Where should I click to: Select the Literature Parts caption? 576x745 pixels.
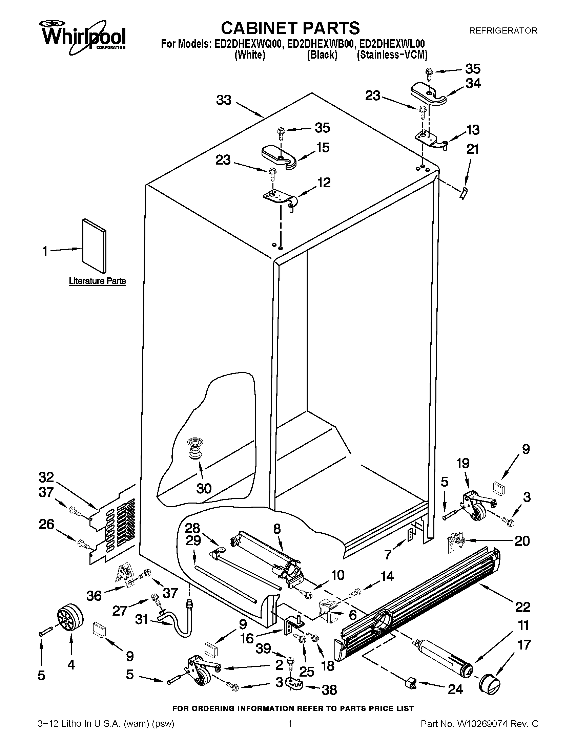pyautogui.click(x=97, y=281)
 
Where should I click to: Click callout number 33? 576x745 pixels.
pyautogui.click(x=224, y=100)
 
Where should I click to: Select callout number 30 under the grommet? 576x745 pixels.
pyautogui.click(x=204, y=488)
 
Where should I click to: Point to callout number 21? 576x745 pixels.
pyautogui.click(x=473, y=149)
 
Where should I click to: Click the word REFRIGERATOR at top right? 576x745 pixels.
pyautogui.click(x=503, y=31)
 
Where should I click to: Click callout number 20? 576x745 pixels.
pyautogui.click(x=522, y=541)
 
